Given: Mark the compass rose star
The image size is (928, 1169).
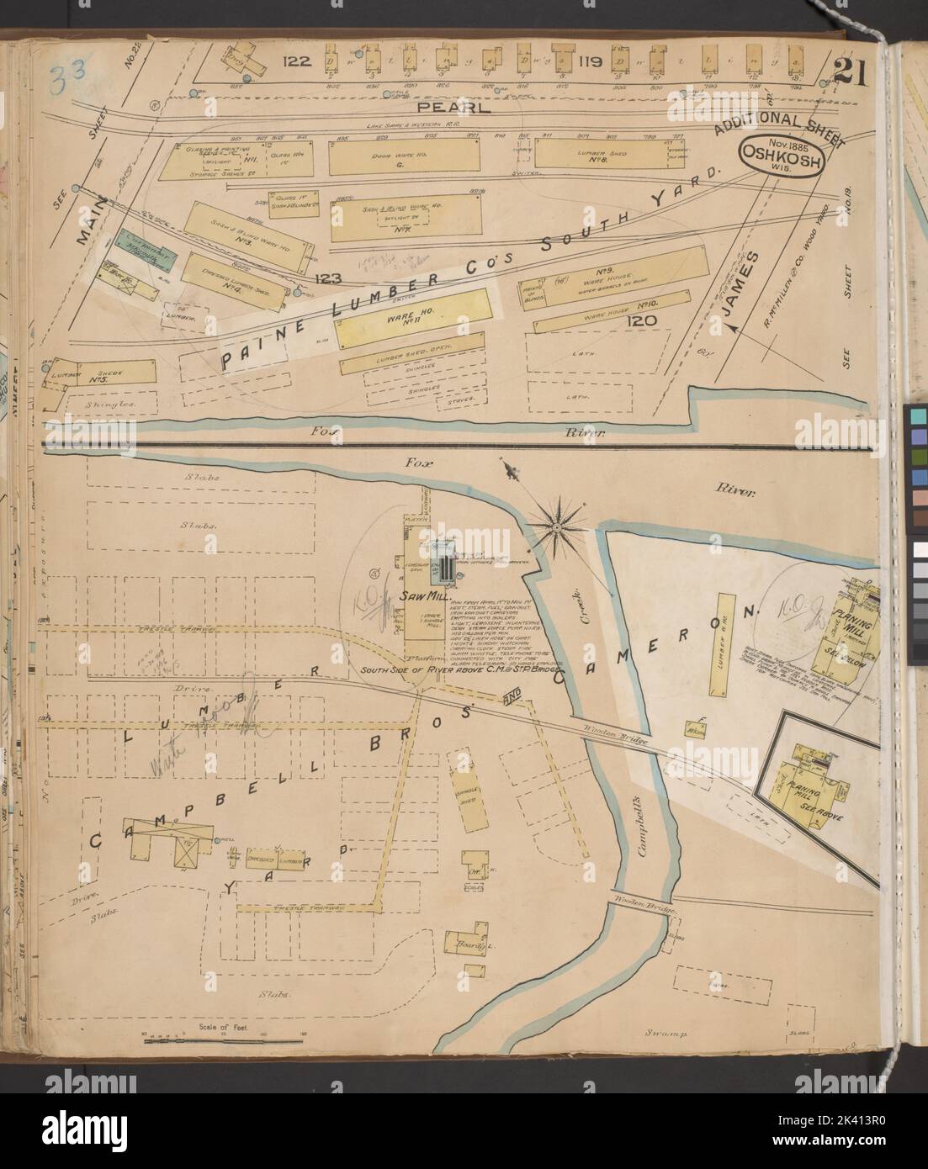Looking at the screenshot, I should [555, 527].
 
